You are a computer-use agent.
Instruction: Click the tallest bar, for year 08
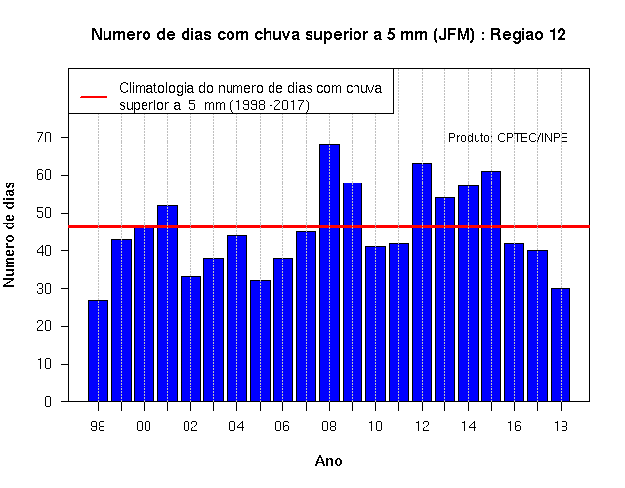tap(329, 273)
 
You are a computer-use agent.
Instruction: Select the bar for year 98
tap(98, 350)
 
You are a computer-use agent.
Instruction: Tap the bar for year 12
tap(422, 282)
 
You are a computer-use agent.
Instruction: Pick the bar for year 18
tap(561, 345)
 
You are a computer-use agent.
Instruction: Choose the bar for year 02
tap(190, 339)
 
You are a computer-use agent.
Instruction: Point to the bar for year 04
tap(236, 318)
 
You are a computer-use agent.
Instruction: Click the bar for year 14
tap(468, 294)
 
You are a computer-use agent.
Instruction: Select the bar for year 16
tap(515, 322)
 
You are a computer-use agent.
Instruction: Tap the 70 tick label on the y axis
tap(44, 137)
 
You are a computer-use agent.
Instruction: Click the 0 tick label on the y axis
tap(48, 401)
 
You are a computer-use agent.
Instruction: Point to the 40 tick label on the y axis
tap(44, 251)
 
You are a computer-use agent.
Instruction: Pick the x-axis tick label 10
tap(375, 427)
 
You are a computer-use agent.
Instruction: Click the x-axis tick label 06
tap(282, 427)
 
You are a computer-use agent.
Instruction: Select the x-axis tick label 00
tap(144, 427)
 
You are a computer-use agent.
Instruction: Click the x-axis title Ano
tap(328, 461)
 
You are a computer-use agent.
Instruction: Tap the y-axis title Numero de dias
tap(9, 234)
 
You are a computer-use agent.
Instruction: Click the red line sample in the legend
tap(94, 97)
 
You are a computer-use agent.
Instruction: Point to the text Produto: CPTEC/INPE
tap(508, 138)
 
